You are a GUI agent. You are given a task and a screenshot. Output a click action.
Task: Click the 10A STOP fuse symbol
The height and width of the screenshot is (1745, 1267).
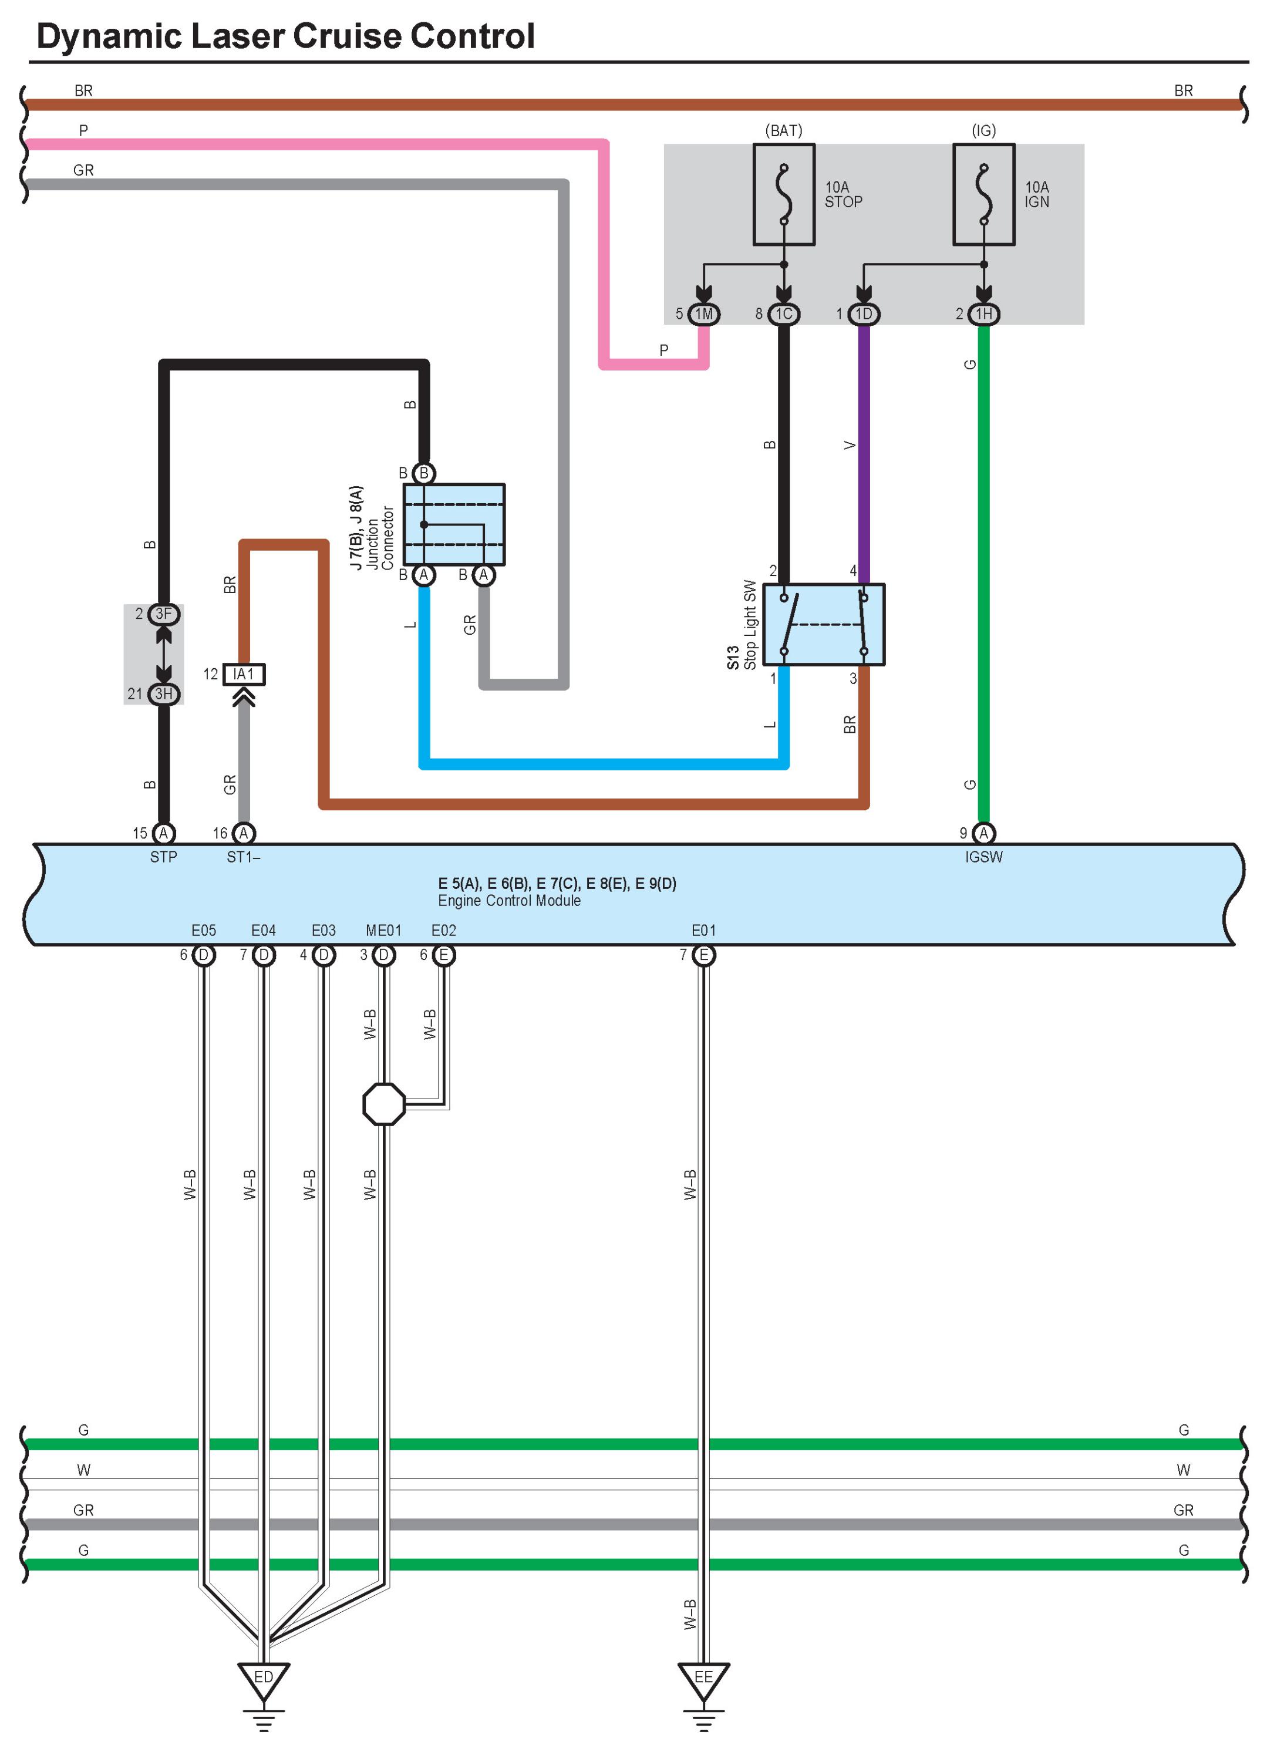pyautogui.click(x=783, y=195)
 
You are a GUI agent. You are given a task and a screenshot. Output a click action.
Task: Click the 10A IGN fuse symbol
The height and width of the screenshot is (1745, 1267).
pyautogui.click(x=983, y=195)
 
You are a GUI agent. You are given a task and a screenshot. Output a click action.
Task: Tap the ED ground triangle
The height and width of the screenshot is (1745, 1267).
pyautogui.click(x=263, y=1680)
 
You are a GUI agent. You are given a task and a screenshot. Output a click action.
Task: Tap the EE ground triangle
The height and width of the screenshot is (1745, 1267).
pyautogui.click(x=703, y=1680)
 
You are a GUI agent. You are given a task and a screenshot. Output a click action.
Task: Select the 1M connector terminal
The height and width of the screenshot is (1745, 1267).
pyautogui.click(x=703, y=314)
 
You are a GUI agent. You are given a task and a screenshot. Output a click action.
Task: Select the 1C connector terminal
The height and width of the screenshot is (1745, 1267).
pyautogui.click(x=783, y=314)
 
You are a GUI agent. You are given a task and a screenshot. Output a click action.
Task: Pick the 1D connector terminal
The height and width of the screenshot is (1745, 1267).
pyautogui.click(x=863, y=314)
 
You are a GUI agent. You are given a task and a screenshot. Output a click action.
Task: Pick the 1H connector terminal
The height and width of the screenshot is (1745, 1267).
pyautogui.click(x=983, y=314)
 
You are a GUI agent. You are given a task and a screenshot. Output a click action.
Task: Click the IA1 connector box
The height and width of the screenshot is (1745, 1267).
pyautogui.click(x=243, y=674)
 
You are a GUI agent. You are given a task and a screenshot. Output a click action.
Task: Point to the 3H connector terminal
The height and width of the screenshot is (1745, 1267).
pyautogui.click(x=163, y=694)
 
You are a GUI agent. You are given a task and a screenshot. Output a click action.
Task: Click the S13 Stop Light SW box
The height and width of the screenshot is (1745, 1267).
pyautogui.click(x=823, y=624)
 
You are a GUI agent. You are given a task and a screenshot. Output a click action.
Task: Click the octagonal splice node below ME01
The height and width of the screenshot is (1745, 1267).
pyautogui.click(x=383, y=1104)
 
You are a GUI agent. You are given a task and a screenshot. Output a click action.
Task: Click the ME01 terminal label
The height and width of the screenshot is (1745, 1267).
pyautogui.click(x=383, y=930)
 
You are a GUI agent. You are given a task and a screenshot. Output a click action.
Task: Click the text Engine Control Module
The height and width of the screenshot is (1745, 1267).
pyautogui.click(x=509, y=900)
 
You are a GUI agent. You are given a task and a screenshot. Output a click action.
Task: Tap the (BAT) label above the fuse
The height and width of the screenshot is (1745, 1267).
pyautogui.click(x=783, y=131)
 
